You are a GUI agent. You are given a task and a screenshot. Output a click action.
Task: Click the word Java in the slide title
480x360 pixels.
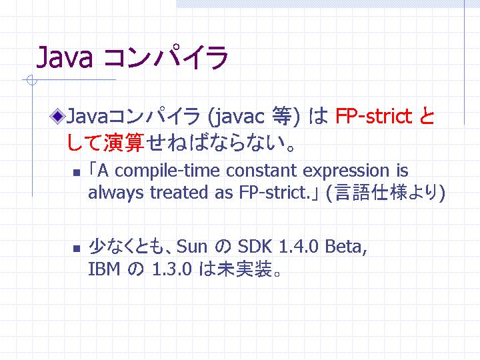coord(64,57)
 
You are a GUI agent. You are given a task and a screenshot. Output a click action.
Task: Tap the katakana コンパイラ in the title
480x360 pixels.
coord(166,57)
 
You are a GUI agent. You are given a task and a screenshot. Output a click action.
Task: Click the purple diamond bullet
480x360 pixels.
coord(57,116)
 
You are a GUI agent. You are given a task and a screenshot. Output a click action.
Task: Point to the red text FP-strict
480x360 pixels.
coord(374,116)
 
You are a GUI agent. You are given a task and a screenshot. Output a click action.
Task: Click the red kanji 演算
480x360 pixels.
coord(124,143)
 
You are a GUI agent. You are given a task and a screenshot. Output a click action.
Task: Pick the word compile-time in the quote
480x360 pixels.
coord(167,171)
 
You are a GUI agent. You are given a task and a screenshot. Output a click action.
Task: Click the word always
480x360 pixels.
coord(116,193)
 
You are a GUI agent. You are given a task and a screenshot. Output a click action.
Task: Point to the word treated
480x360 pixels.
coord(179,193)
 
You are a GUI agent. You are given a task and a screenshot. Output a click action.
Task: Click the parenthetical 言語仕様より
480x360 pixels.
coord(386,193)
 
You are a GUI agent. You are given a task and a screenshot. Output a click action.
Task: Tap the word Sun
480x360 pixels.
coord(191,247)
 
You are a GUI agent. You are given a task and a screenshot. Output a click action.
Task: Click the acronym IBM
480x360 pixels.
coord(104,269)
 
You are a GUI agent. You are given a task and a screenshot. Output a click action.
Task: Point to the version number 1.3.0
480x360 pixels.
coord(172,269)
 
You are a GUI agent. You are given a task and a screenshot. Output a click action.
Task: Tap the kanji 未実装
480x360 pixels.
coord(244,269)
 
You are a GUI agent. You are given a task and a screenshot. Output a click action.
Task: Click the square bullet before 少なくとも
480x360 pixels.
coord(77,248)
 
